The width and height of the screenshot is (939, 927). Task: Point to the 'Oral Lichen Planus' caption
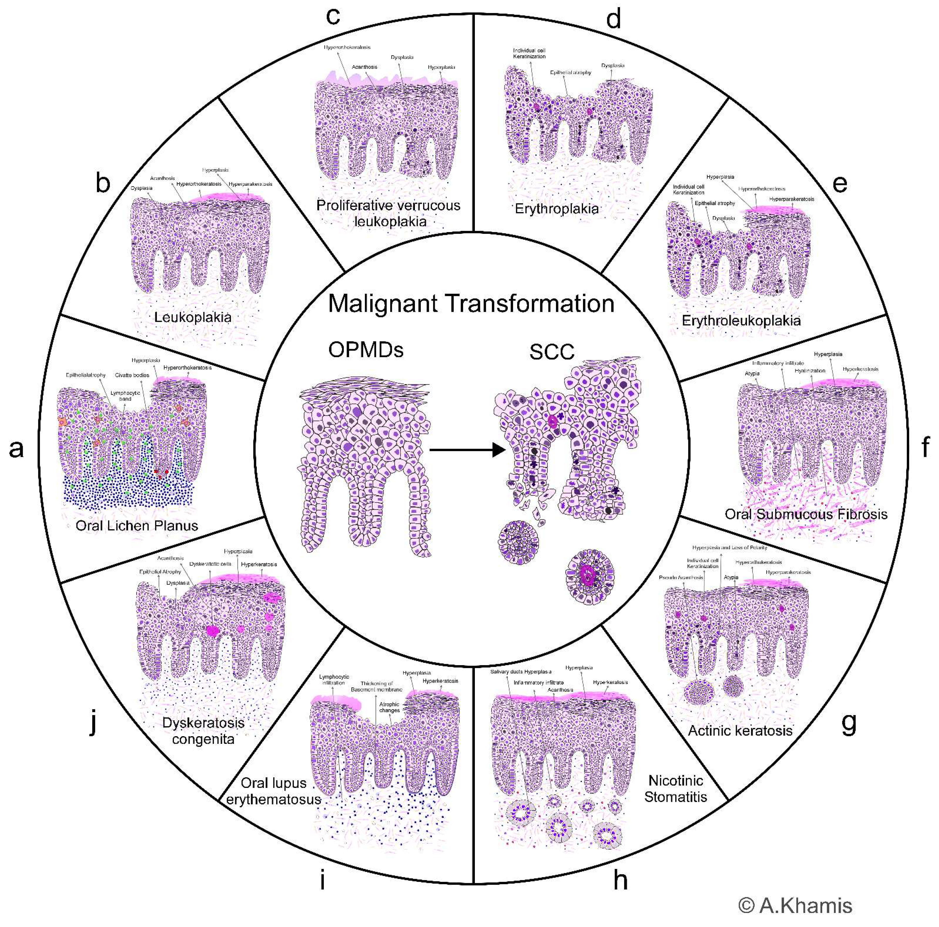tap(137, 526)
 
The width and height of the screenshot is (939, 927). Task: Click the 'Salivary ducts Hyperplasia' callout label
tap(521, 671)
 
